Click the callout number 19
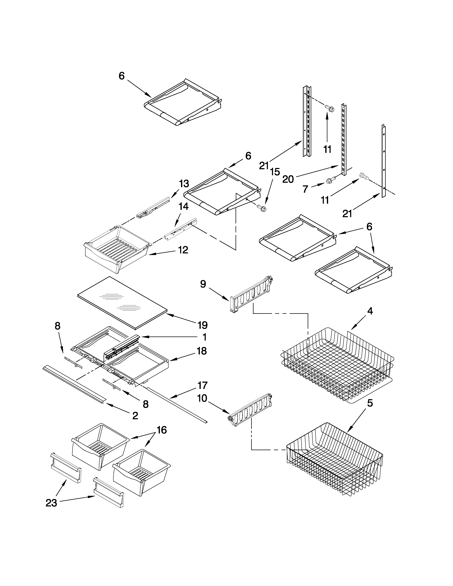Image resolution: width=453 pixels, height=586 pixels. [x=203, y=325]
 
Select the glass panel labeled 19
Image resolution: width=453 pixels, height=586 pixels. [x=122, y=302]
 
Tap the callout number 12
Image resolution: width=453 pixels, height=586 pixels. [x=183, y=250]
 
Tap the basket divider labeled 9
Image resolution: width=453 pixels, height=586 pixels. [x=251, y=295]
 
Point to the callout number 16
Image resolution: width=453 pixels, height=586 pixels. [x=161, y=430]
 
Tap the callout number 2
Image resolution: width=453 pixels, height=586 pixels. [x=135, y=416]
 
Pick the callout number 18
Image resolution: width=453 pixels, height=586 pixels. [x=202, y=351]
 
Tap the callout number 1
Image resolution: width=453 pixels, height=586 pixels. [x=204, y=337]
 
